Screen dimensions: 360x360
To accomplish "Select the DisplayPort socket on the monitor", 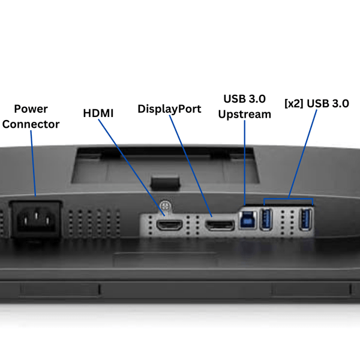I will [x=219, y=226].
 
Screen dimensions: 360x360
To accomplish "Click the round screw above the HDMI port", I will [x=165, y=205].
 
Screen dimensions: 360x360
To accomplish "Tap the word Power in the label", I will [x=31, y=109].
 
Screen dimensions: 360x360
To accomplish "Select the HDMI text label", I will [x=99, y=112].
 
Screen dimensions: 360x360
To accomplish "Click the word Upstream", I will [x=245, y=114].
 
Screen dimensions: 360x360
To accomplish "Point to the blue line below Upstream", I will [x=245, y=162].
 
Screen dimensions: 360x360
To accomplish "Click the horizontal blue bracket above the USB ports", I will [x=288, y=198].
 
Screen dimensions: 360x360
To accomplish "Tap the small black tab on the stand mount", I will [x=165, y=180].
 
